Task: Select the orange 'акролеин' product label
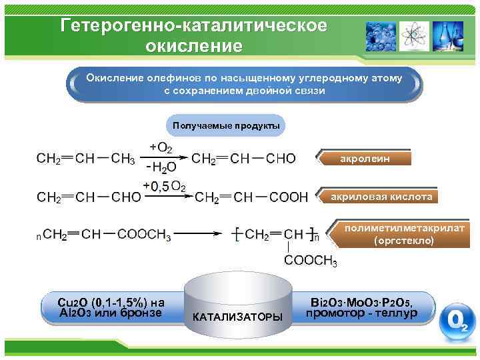[x=365, y=159]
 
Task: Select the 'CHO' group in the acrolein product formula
[x=281, y=159]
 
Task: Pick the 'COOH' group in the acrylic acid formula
[x=288, y=197]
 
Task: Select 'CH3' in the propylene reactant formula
[x=123, y=159]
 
